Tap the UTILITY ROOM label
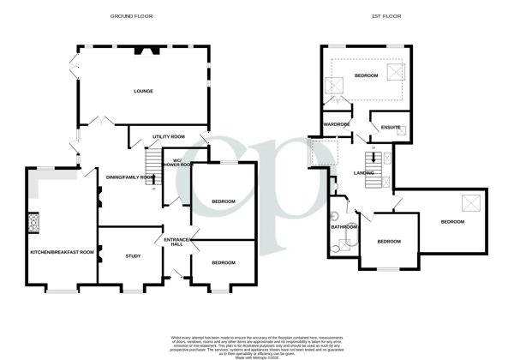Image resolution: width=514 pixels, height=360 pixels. pyautogui.click(x=170, y=136)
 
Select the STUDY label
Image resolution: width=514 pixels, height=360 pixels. pyautogui.click(x=132, y=255)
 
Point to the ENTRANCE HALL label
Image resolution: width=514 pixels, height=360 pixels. pyautogui.click(x=176, y=242)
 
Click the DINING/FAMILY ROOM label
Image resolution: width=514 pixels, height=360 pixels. pyautogui.click(x=129, y=177)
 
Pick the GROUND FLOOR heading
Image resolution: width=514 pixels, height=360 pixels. pyautogui.click(x=132, y=16)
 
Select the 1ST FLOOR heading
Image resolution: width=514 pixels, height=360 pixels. pyautogui.click(x=387, y=16)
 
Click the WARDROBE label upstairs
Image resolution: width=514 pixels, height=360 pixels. pyautogui.click(x=337, y=124)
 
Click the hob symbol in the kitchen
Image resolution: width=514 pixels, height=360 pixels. pyautogui.click(x=35, y=223)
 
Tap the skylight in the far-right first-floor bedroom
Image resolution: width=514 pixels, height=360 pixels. pyautogui.click(x=470, y=202)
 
